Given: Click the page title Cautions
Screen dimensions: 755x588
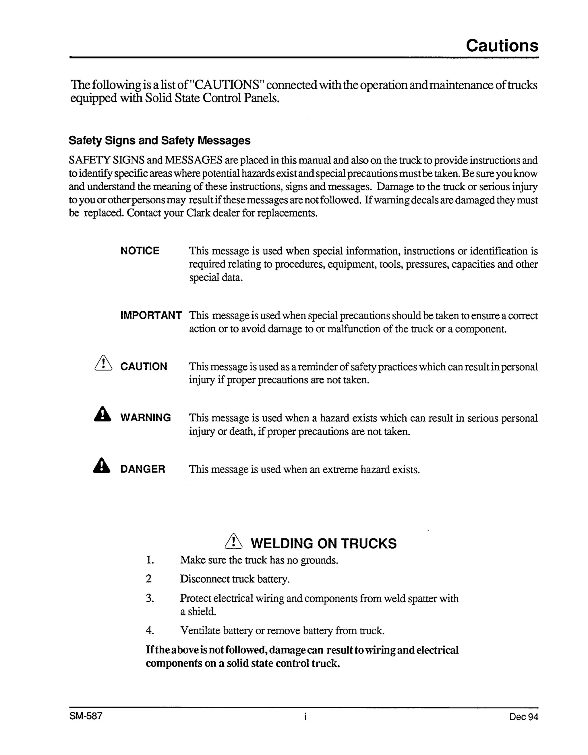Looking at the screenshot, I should pos(502,45).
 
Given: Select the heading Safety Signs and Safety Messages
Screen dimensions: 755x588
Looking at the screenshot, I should pos(159,140).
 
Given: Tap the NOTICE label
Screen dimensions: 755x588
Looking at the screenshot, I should pos(140,251).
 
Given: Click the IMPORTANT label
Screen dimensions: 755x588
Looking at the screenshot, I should pos(151,315).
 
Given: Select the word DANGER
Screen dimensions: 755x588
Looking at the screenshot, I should pos(142,469).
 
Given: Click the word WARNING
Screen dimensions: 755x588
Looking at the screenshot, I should pos(146,418).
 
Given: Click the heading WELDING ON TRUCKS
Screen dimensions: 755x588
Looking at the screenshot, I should pos(324,543).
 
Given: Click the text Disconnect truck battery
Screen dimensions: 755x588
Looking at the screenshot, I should pos(235,579).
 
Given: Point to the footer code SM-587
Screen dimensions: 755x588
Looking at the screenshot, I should pos(86,716).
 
